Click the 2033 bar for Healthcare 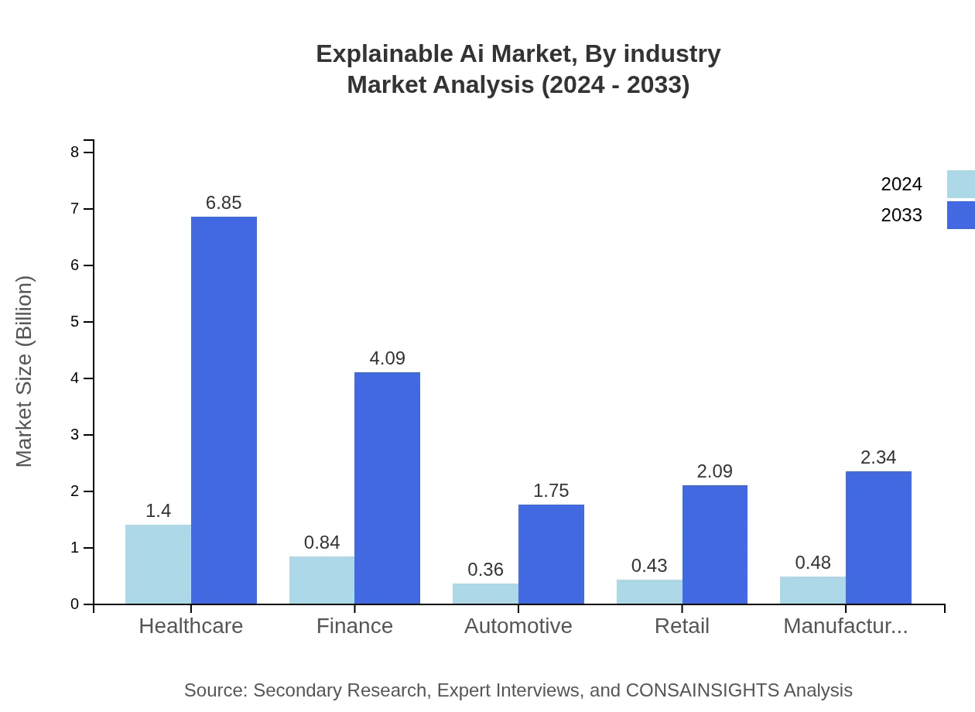tap(224, 410)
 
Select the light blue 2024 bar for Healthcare tap(158, 564)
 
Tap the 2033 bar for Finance tap(387, 488)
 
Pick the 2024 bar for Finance tap(322, 580)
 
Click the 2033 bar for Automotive tap(551, 554)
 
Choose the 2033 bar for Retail tap(715, 544)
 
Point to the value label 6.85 tap(224, 203)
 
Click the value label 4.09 tap(387, 358)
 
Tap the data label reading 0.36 tap(485, 570)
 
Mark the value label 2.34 tap(878, 457)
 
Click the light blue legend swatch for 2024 tap(960, 184)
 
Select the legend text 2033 tap(901, 215)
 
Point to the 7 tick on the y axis tap(75, 209)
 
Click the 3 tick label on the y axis tap(75, 435)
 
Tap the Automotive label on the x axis tap(518, 625)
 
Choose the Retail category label tap(682, 625)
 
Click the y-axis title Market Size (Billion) tap(25, 371)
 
